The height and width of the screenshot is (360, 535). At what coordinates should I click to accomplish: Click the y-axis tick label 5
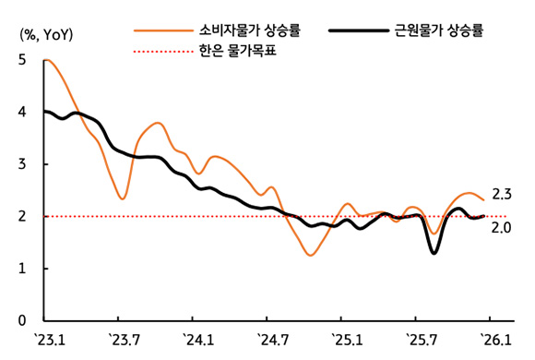point(21,60)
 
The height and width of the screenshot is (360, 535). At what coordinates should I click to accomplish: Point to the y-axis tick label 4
point(21,113)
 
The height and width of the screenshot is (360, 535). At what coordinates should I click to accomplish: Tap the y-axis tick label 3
point(21,164)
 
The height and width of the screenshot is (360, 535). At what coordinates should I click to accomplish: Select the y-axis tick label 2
point(21,217)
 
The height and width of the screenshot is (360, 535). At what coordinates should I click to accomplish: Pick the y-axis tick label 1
point(21,270)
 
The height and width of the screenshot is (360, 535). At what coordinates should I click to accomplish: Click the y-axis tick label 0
point(21,321)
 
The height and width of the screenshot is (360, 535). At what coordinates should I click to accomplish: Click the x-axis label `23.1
point(48,341)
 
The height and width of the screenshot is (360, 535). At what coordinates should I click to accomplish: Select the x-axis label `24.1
point(197,341)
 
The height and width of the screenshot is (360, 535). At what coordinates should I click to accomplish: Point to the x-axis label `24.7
point(271,341)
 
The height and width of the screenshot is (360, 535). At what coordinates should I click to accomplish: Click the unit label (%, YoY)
point(48,34)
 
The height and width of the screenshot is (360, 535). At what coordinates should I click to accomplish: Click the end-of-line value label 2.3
point(503,195)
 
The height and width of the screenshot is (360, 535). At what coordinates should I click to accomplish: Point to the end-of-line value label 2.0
point(503,227)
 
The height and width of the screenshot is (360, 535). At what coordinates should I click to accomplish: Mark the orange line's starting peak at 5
point(46,61)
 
